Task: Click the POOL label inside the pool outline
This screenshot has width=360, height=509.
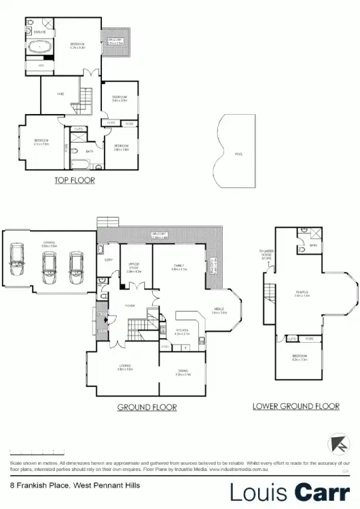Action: pos(238,154)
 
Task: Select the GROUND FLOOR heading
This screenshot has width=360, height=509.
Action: pos(147,407)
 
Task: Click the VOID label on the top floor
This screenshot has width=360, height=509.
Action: pos(60,94)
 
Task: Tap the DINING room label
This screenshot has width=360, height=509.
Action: pos(183,371)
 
